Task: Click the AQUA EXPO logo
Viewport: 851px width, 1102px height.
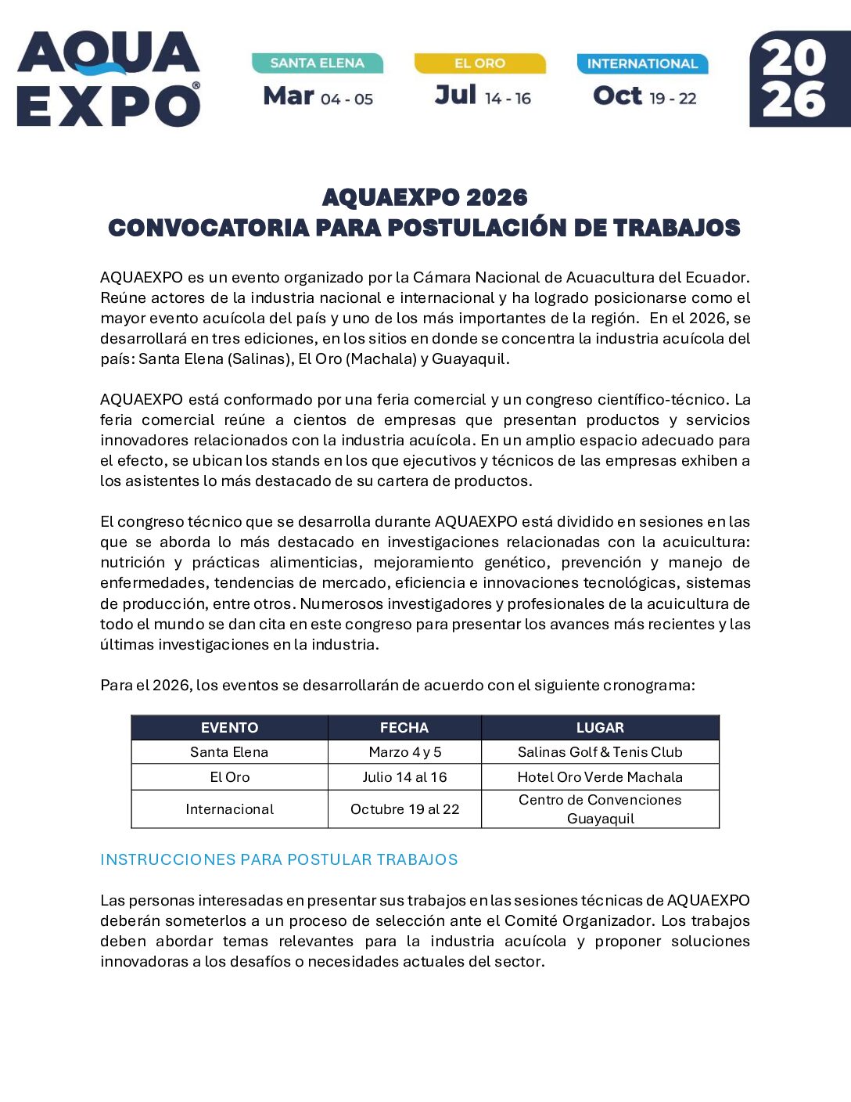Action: (109, 79)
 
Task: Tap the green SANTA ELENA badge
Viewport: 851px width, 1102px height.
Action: (317, 63)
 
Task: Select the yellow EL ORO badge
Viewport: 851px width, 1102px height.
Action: (479, 63)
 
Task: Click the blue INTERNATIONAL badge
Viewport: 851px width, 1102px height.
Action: (642, 64)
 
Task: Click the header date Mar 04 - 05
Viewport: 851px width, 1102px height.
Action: (318, 97)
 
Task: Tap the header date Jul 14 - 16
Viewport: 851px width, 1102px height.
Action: (483, 96)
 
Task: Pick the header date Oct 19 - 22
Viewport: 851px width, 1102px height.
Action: (645, 97)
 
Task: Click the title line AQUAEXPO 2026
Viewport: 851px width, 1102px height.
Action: (425, 197)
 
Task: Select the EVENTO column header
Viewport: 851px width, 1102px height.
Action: (229, 728)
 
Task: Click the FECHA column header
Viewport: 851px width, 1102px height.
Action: (404, 728)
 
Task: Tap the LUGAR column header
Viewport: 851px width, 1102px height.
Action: (600, 728)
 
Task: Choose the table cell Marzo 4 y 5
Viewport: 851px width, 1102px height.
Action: (404, 752)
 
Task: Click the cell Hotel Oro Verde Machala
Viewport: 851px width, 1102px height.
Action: (600, 777)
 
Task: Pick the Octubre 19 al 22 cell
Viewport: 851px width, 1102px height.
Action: (404, 809)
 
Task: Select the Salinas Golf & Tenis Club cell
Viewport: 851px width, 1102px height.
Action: (600, 752)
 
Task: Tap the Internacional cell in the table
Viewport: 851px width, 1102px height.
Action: (229, 809)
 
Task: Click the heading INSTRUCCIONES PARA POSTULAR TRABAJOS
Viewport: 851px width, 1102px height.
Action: (279, 859)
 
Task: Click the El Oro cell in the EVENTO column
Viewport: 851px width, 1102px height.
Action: (229, 777)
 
